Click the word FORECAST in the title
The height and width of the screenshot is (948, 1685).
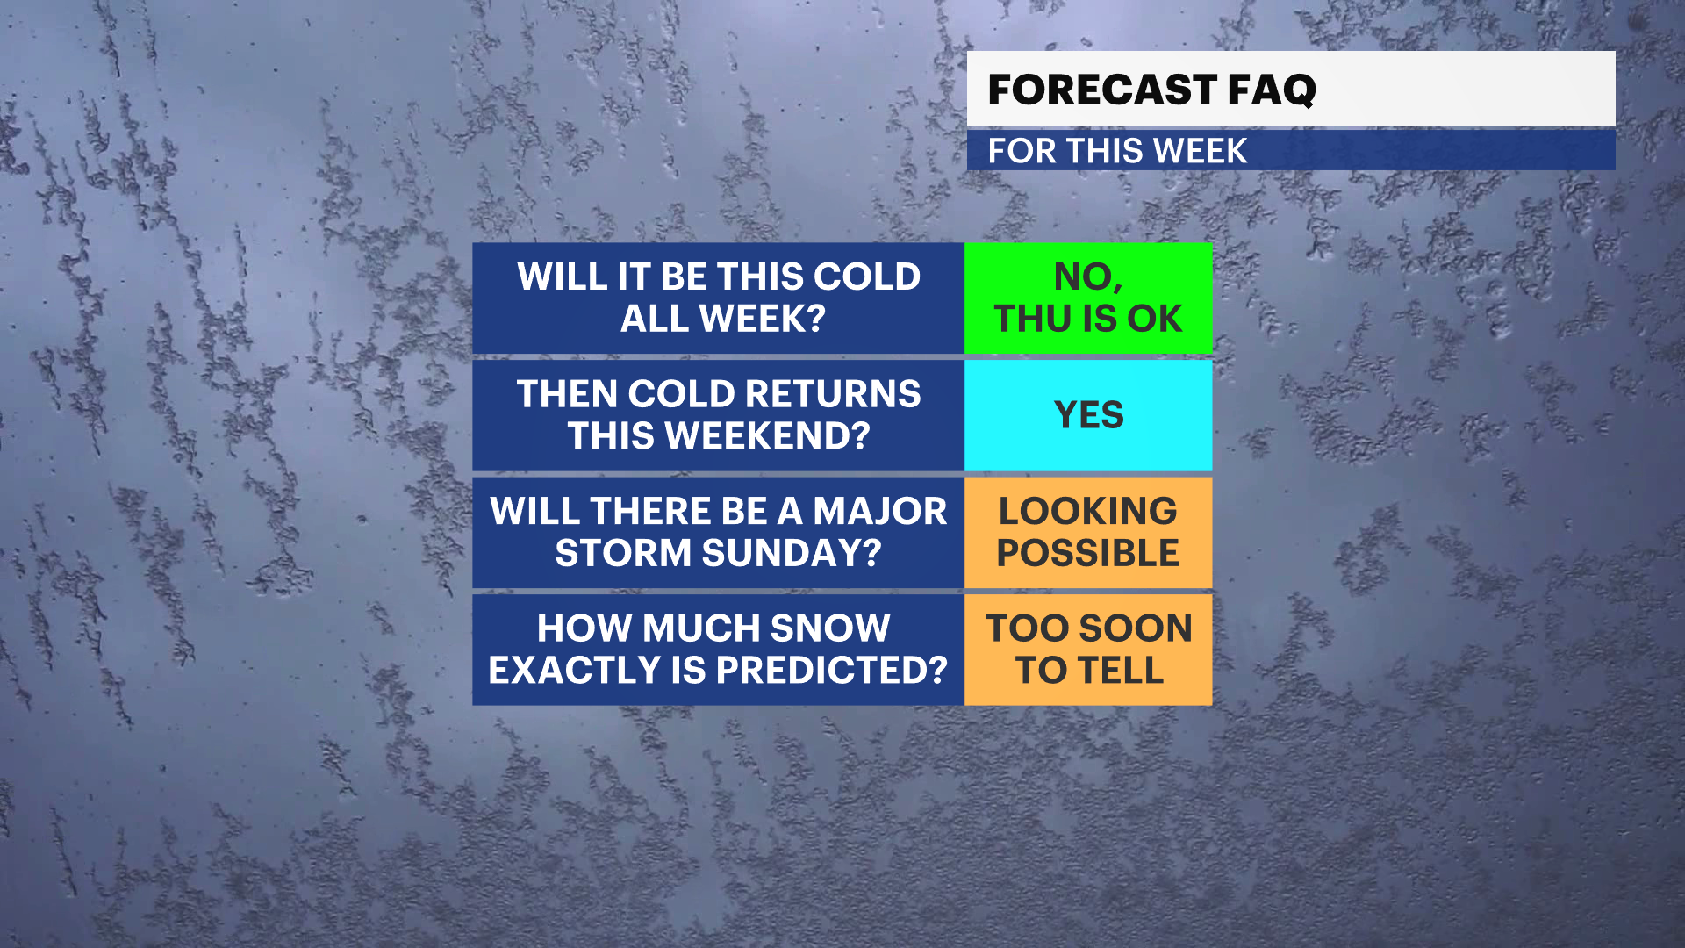[1101, 90]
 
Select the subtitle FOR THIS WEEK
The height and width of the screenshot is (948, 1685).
[1117, 151]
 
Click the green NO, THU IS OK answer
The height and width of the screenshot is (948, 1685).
[1088, 298]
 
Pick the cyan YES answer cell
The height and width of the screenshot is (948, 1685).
[1088, 415]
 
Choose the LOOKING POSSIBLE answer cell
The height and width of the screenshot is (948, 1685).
[1088, 532]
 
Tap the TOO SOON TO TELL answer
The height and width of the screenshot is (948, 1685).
[1088, 650]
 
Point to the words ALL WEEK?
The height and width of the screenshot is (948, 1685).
[723, 319]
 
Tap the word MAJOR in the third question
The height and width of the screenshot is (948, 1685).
[880, 511]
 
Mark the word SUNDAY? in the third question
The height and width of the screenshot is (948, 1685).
[792, 553]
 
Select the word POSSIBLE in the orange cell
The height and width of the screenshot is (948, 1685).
[1088, 553]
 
